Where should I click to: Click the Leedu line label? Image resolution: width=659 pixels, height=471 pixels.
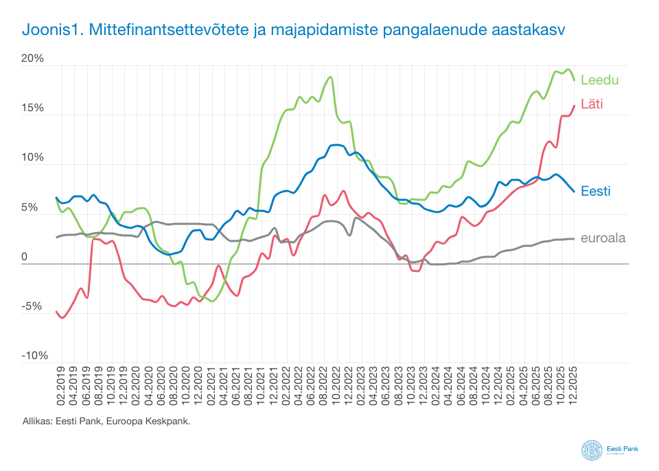(x=599, y=80)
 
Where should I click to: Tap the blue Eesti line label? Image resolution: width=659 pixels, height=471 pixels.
(x=595, y=192)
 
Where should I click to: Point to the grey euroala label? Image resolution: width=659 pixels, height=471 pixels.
(x=603, y=239)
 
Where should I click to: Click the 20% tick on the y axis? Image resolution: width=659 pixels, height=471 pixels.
(x=32, y=59)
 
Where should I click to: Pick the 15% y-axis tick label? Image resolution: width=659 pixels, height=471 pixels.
(x=32, y=108)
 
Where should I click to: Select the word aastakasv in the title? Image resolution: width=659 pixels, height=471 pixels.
(x=527, y=31)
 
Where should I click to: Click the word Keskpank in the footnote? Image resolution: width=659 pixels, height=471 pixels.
(x=169, y=421)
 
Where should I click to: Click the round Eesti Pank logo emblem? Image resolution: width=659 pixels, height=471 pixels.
(x=592, y=450)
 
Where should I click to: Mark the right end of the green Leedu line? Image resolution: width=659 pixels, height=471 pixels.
(x=574, y=80)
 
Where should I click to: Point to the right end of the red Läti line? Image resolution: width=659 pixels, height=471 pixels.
(x=574, y=106)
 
